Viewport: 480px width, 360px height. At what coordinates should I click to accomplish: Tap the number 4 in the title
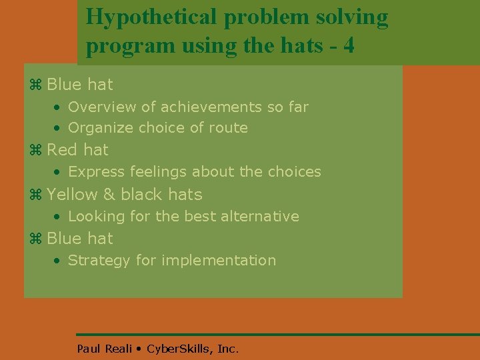click(347, 47)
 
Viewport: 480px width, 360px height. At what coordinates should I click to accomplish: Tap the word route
click(228, 127)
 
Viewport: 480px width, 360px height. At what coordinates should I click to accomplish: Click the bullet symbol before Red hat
click(36, 150)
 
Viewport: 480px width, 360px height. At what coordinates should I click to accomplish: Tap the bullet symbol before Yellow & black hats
click(36, 195)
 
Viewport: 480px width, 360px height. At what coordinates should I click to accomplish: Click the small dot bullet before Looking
click(59, 217)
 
